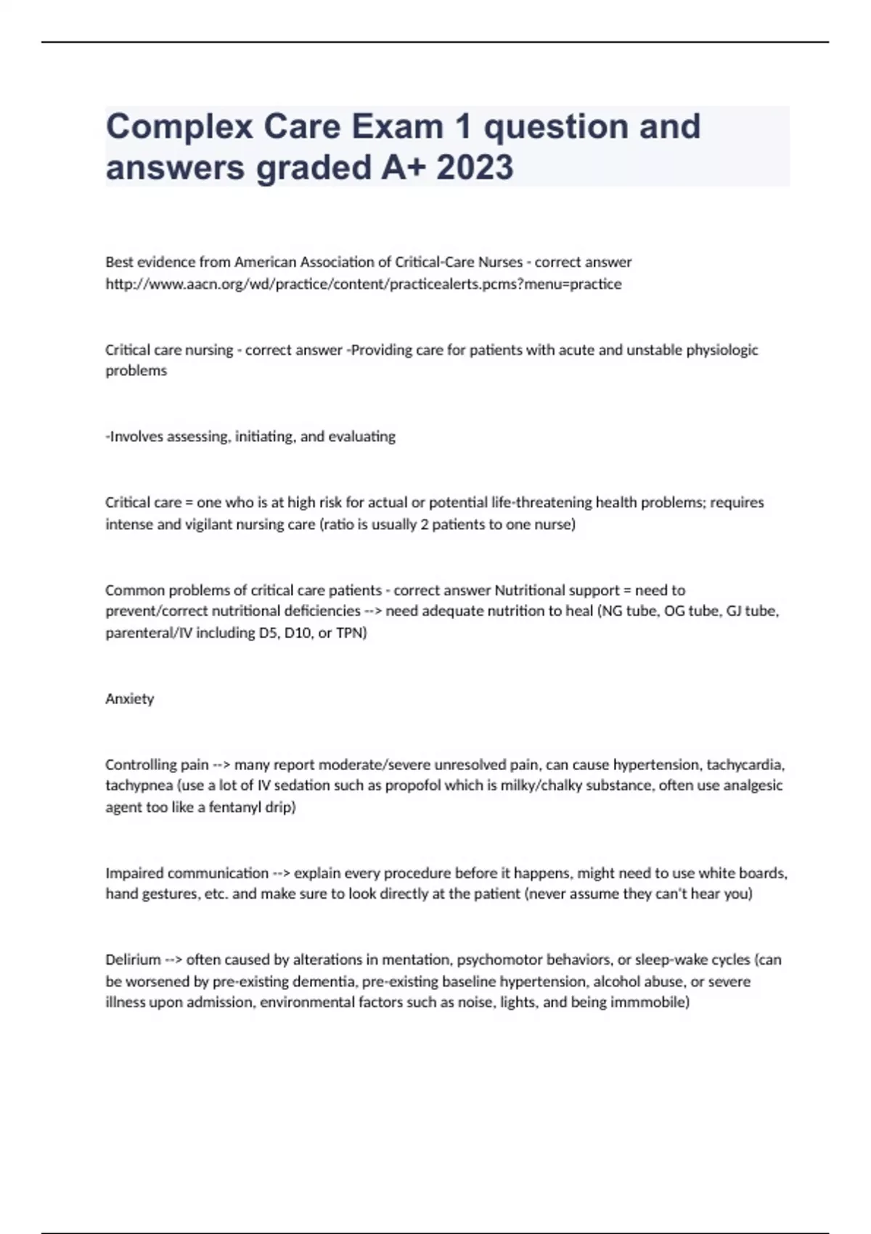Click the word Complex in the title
pos(179,127)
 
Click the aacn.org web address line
pos(363,284)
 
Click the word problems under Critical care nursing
pos(136,371)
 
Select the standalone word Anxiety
pos(129,699)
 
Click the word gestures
pos(169,894)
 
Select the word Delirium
pos(133,960)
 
